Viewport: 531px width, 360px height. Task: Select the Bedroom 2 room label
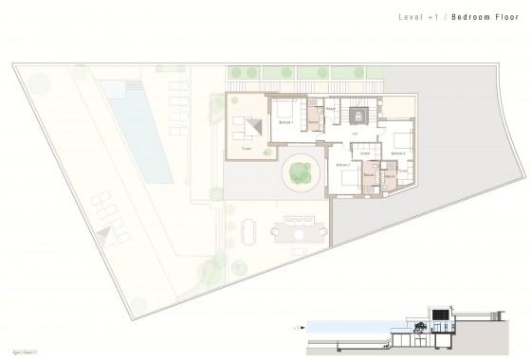[x=396, y=153]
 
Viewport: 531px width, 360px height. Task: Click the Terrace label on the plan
[x=247, y=150]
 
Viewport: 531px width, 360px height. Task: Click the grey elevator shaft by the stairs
[x=359, y=117]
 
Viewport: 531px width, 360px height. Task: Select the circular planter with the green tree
[x=300, y=171]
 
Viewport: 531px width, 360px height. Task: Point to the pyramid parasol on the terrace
[x=251, y=127]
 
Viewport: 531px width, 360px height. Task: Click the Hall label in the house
[x=353, y=135]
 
